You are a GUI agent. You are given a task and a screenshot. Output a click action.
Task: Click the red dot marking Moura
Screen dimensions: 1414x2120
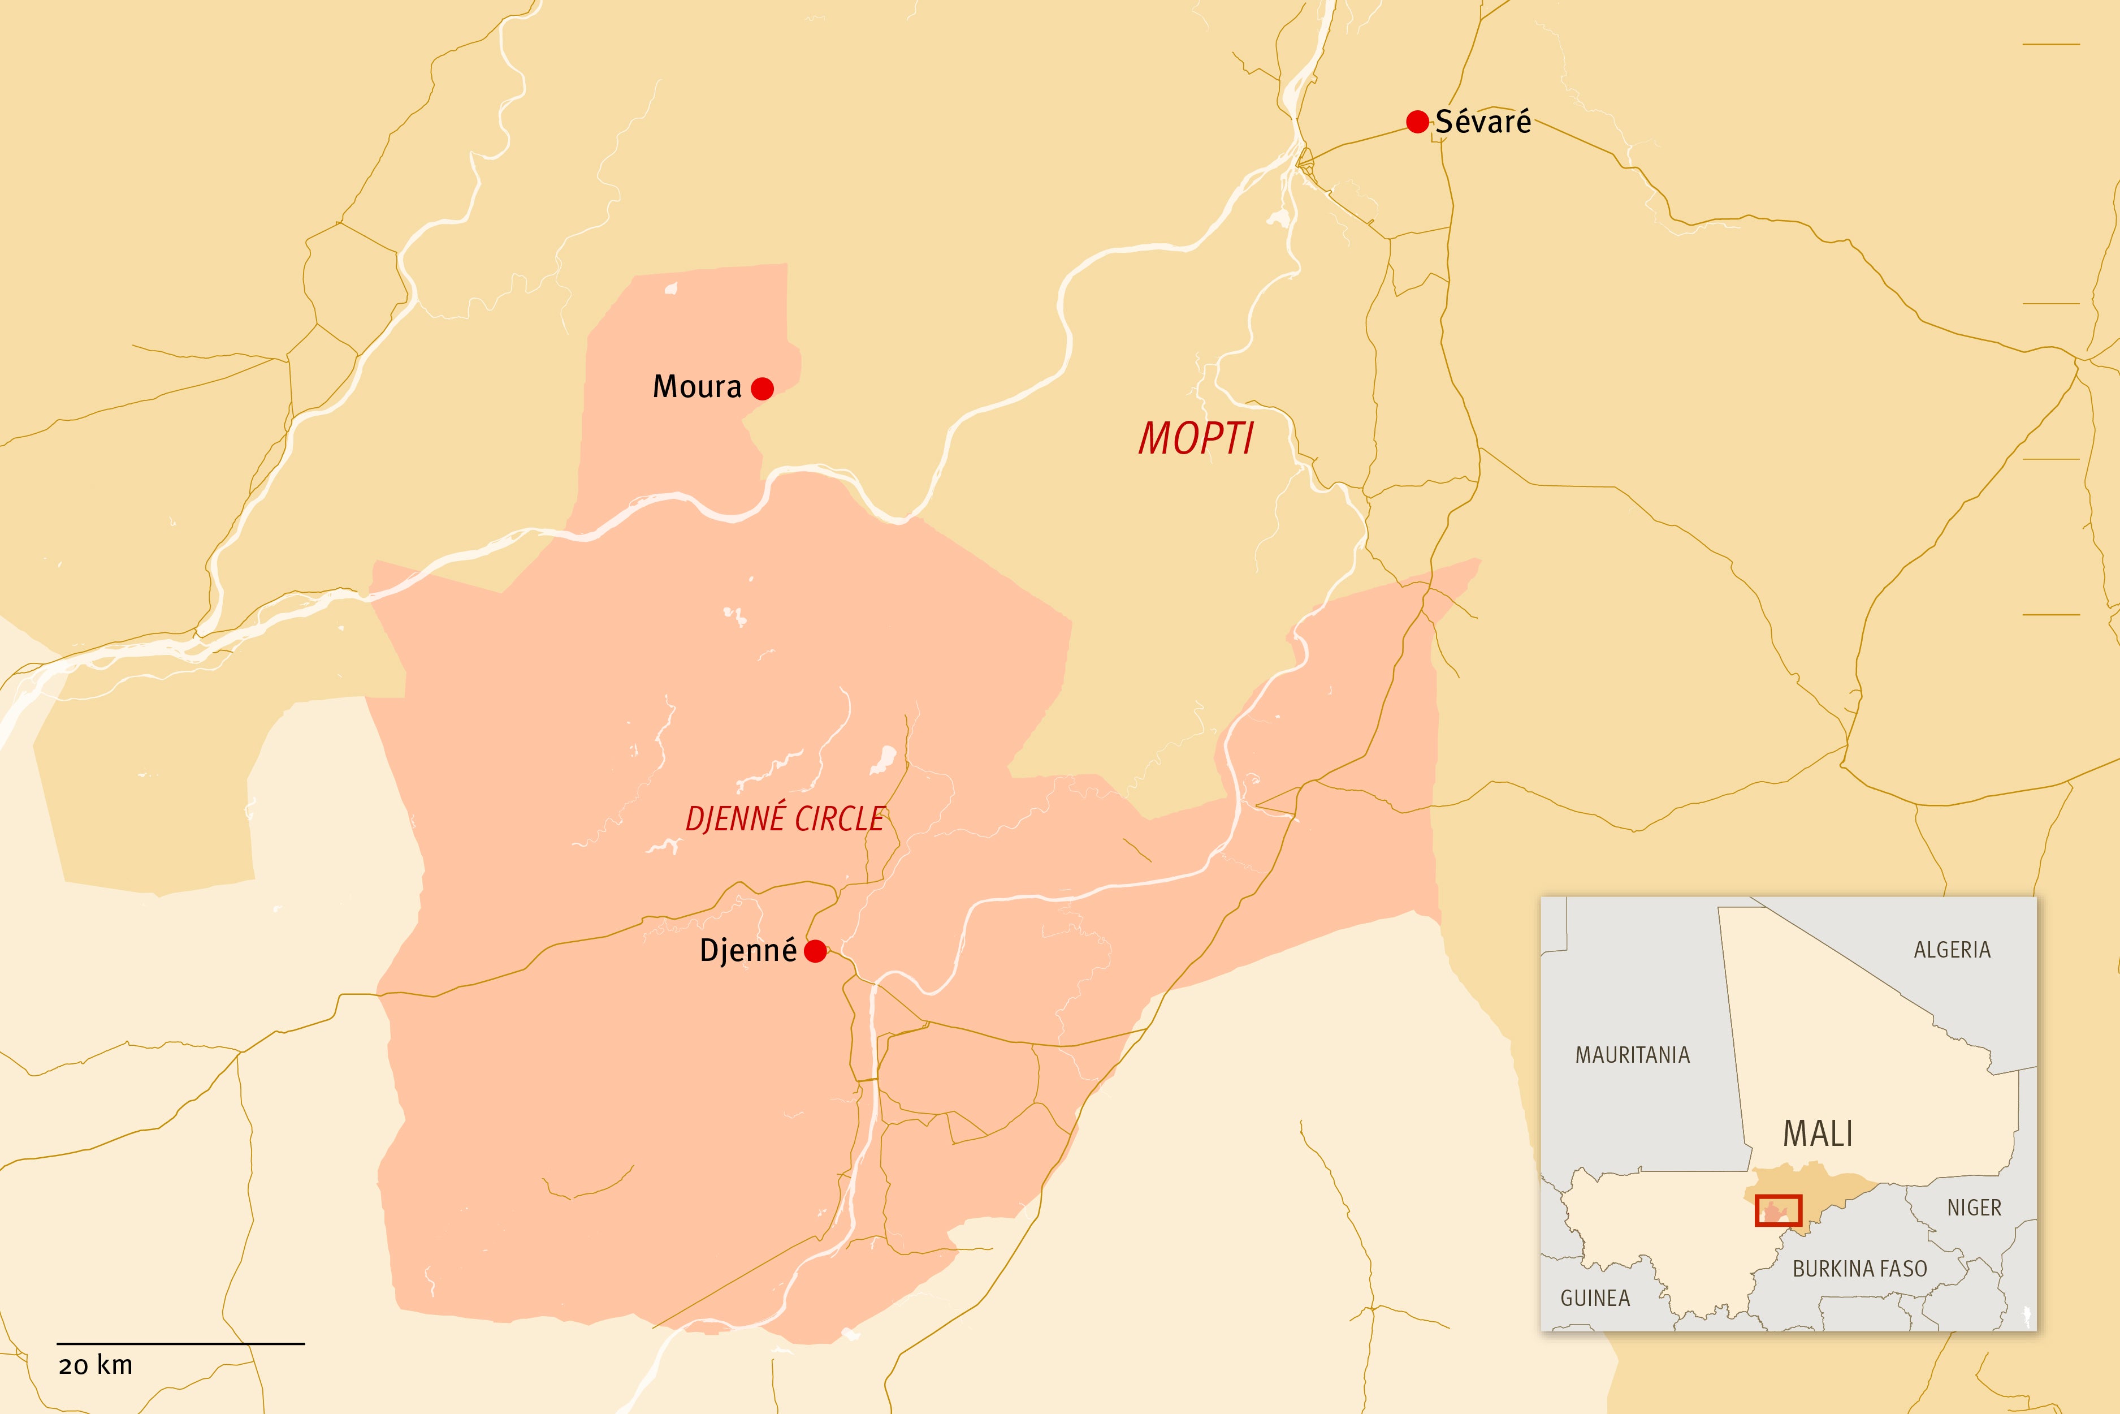tap(763, 389)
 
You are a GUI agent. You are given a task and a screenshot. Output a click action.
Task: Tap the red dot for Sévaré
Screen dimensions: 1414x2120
tap(1417, 122)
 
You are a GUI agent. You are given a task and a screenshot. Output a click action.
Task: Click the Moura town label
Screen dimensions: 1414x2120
tap(696, 387)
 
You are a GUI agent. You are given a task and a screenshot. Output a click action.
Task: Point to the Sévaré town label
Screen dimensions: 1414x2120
tap(1483, 122)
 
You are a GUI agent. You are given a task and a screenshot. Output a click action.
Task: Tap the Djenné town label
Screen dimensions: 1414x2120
tap(748, 950)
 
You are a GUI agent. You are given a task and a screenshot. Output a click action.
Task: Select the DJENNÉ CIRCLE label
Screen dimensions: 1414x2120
tap(784, 819)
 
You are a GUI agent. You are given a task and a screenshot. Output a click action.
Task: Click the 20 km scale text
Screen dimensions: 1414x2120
tap(96, 1365)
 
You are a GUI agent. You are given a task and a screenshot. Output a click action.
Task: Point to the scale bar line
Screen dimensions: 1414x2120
tap(181, 1344)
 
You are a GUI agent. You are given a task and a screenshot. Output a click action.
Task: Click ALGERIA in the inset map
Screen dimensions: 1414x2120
tap(1952, 950)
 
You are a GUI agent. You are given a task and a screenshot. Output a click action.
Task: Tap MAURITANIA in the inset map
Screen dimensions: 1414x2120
tap(1632, 1055)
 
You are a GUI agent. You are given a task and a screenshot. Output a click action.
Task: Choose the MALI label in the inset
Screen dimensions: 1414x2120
tap(1818, 1133)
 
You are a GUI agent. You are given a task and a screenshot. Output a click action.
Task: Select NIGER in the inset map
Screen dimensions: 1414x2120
tap(1974, 1208)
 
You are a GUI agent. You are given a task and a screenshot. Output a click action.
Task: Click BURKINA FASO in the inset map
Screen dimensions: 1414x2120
tap(1859, 1269)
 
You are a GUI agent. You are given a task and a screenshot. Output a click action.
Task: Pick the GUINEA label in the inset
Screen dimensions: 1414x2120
tap(1595, 1299)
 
